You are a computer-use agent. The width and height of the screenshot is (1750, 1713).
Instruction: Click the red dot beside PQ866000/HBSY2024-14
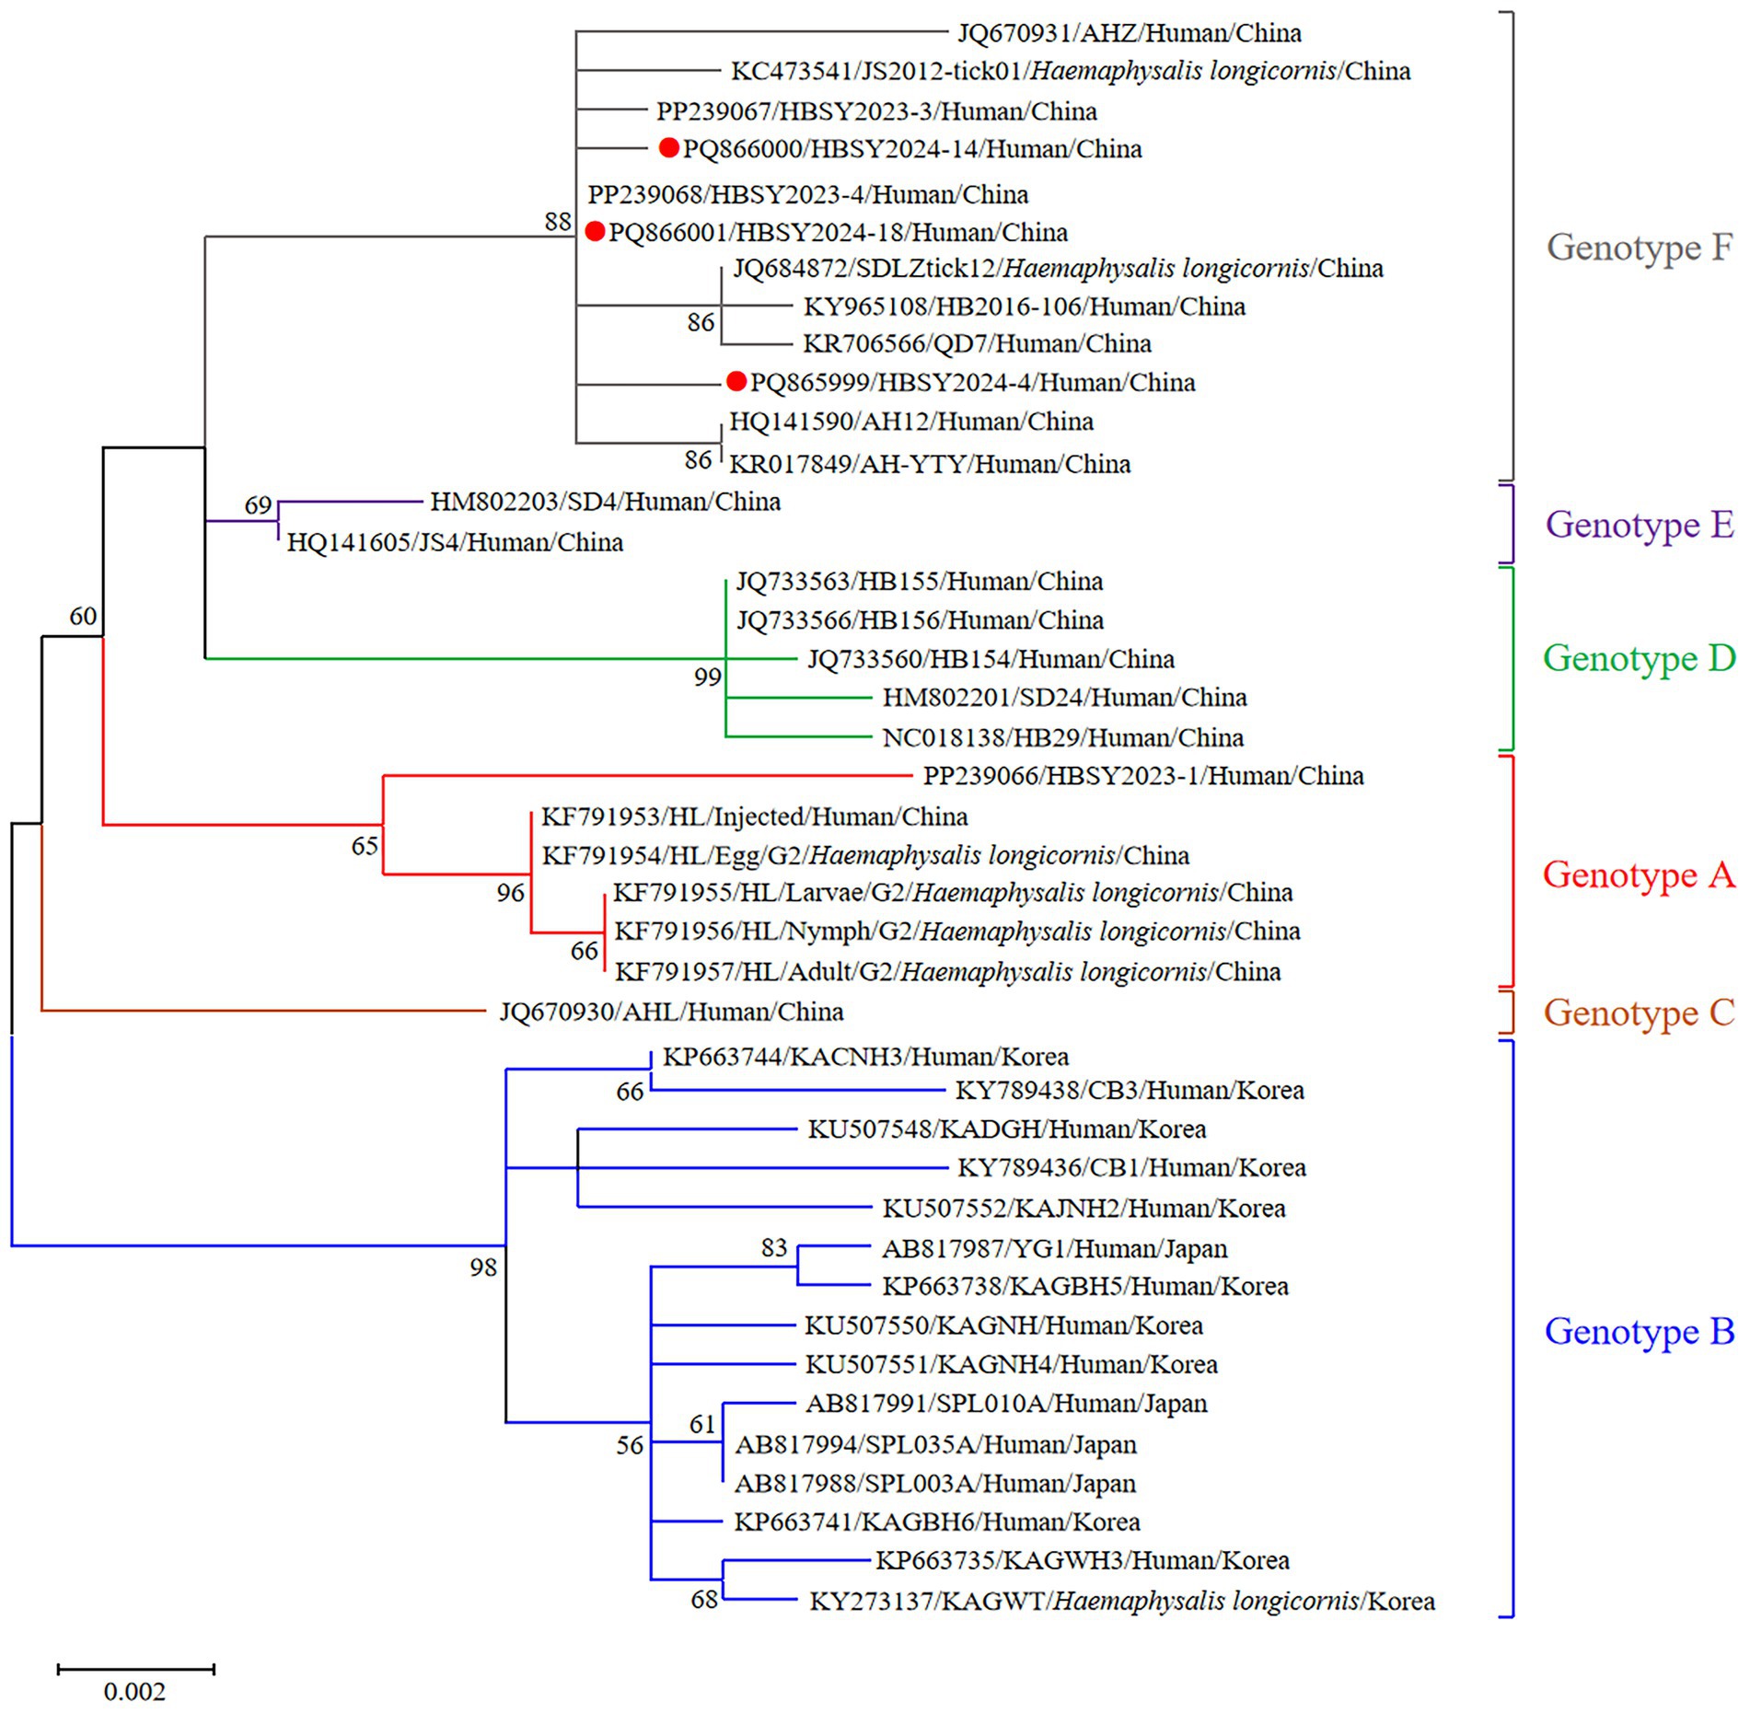(x=669, y=148)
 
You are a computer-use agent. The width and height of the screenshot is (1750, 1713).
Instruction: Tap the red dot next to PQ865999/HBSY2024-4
(x=736, y=381)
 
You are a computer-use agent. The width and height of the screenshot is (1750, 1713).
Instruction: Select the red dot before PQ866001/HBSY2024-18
(x=595, y=231)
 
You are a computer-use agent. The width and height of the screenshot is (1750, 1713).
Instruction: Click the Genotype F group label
(x=1640, y=247)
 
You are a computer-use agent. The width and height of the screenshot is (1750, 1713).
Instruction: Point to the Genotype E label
(x=1640, y=524)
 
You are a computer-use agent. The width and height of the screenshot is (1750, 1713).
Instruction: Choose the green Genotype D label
(x=1640, y=658)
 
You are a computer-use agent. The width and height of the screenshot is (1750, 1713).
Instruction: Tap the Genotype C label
(x=1640, y=1013)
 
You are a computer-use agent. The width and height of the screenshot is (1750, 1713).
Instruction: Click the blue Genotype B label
(x=1640, y=1331)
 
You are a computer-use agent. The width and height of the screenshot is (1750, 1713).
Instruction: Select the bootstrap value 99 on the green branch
(x=707, y=677)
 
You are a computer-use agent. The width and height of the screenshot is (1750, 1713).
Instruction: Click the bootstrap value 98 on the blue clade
(x=482, y=1267)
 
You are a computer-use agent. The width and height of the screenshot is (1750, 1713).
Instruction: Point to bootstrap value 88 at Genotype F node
(x=558, y=221)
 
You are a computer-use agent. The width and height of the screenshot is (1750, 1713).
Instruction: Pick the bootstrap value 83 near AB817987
(x=774, y=1247)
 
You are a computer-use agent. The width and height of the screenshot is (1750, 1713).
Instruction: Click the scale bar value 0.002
(x=134, y=1692)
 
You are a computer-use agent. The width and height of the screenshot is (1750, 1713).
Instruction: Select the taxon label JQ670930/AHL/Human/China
(x=671, y=1012)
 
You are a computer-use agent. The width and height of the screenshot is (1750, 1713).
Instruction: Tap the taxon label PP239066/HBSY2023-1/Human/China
(x=1143, y=776)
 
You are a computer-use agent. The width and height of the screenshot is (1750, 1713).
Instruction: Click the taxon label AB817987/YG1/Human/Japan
(x=1054, y=1249)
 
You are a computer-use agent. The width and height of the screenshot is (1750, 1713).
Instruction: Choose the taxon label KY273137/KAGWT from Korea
(x=1121, y=1602)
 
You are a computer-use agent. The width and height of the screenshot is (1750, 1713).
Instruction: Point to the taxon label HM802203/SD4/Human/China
(x=605, y=502)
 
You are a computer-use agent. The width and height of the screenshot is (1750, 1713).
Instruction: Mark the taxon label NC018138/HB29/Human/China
(x=1062, y=737)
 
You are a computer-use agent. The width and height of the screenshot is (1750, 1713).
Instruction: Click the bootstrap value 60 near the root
(x=83, y=616)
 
